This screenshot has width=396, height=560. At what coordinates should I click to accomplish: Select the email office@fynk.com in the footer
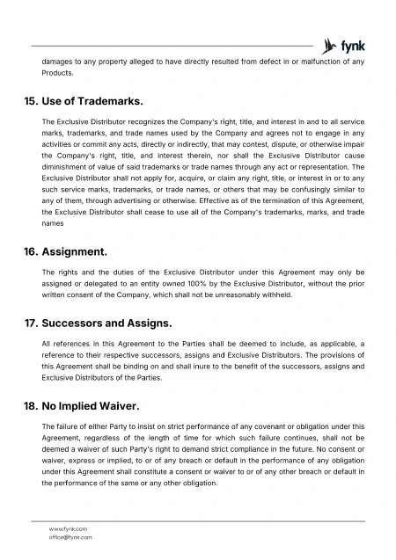pyautogui.click(x=70, y=536)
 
